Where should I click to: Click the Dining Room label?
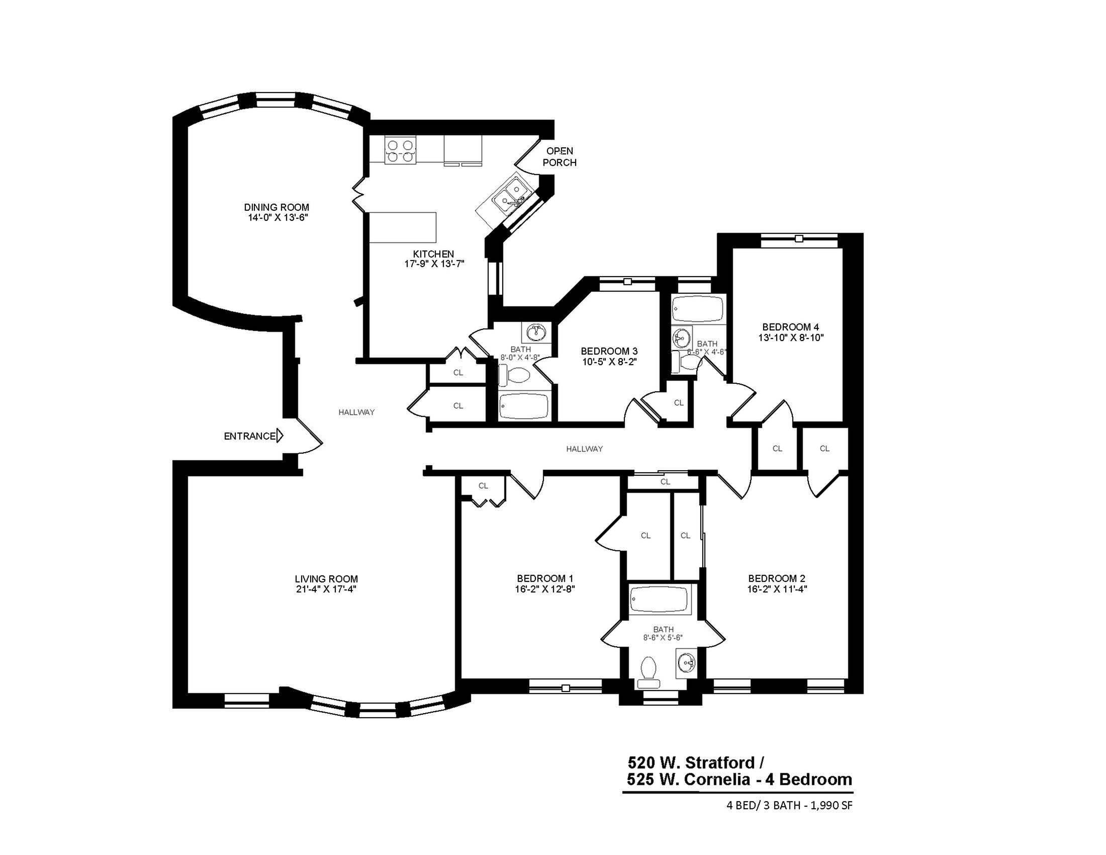pos(276,207)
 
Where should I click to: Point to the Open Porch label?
pos(559,156)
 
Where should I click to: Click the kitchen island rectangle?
pos(403,227)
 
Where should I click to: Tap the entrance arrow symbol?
pos(280,436)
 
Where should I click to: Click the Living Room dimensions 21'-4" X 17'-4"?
pos(326,589)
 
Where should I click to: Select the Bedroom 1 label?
pos(545,578)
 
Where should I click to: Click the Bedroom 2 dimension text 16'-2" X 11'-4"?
pos(776,589)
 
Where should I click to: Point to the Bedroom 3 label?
pos(609,351)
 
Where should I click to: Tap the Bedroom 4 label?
pos(790,327)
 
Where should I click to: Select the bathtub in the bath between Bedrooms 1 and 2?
pos(660,600)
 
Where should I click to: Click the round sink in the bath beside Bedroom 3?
pos(536,333)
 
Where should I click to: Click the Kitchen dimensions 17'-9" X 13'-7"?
pos(433,264)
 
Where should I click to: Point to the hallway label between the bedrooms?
pos(584,449)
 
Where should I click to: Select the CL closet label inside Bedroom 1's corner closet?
pos(483,486)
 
